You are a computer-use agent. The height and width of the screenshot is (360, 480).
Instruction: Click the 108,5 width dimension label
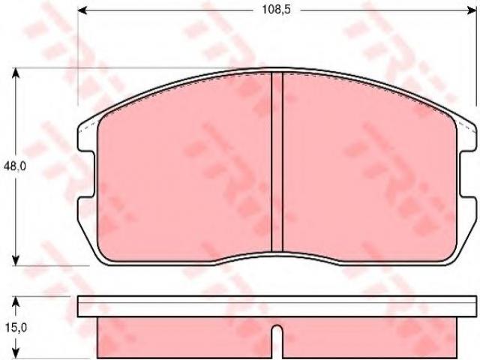277,10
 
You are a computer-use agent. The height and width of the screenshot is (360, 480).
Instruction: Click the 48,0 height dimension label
15,166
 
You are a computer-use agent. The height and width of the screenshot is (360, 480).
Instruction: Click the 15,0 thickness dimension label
16,328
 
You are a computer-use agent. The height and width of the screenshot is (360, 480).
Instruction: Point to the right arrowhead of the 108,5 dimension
472,10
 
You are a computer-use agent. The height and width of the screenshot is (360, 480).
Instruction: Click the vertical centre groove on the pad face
277,162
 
